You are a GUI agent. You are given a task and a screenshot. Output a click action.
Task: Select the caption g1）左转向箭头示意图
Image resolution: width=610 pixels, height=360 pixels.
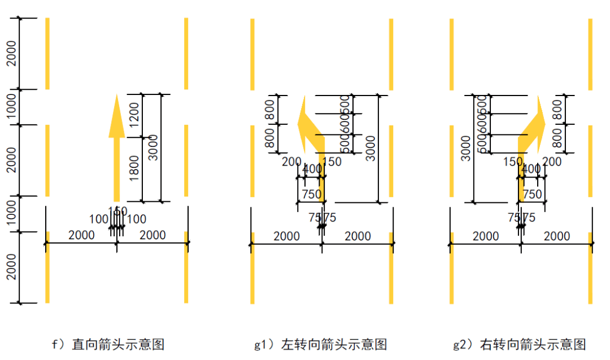(320, 344)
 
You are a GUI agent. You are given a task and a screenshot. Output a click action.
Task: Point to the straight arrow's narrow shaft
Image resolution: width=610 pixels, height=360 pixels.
(116, 170)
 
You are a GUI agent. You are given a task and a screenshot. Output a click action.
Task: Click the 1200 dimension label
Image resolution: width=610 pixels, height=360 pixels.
(134, 116)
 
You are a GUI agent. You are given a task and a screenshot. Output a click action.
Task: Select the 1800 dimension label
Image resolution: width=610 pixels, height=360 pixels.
(134, 168)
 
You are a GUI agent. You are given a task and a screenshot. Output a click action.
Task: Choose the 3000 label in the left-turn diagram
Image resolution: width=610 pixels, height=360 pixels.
(371, 148)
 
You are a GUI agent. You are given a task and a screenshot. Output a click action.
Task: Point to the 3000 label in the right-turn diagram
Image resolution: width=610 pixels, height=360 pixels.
(465, 148)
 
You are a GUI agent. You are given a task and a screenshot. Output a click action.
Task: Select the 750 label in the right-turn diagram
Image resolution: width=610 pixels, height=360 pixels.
(532, 194)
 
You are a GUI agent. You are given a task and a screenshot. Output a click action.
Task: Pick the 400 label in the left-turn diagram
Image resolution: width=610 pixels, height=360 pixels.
(312, 169)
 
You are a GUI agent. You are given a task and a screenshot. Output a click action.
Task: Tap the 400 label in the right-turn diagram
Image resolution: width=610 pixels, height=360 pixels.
(531, 169)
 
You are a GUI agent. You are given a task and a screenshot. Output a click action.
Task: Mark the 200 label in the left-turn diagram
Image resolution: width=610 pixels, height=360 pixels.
(291, 162)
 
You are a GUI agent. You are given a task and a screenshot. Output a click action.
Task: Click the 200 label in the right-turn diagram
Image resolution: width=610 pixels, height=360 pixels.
(552, 162)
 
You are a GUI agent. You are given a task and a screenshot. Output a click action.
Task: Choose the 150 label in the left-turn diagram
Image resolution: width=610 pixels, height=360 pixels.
(332, 162)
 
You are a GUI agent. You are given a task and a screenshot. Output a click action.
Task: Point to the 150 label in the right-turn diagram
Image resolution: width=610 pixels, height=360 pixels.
(512, 162)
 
